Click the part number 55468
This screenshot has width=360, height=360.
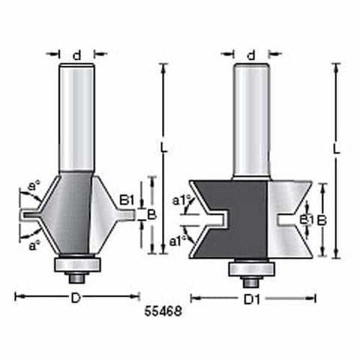tap(161, 307)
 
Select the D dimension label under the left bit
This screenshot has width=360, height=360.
tap(76, 298)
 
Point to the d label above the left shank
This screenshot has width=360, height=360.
tap(76, 54)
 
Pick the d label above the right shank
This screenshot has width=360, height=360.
tap(251, 54)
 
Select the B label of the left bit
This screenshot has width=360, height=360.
tap(151, 214)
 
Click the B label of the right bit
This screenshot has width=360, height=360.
tap(320, 220)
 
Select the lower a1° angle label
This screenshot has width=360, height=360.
tap(178, 241)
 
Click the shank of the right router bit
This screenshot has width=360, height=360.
tap(251, 120)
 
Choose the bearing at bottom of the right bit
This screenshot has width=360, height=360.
tap(252, 268)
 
